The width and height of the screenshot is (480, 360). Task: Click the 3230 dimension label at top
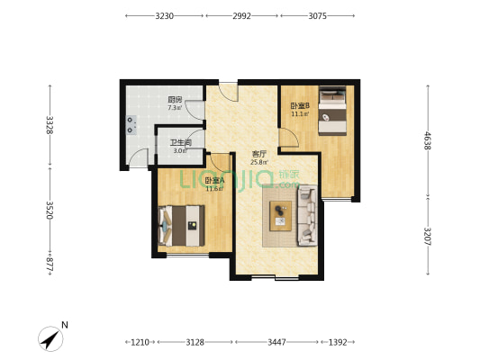(x=165, y=16)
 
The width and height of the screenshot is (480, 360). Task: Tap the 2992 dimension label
(x=242, y=16)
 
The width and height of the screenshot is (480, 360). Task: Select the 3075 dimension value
(x=318, y=16)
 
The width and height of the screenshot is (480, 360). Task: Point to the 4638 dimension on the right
(x=428, y=140)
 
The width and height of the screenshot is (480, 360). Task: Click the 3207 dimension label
(x=428, y=236)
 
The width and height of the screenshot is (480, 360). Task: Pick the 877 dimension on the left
(x=50, y=265)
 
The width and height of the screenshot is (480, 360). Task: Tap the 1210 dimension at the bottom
(x=140, y=342)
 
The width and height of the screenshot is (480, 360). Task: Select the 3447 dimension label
(x=276, y=342)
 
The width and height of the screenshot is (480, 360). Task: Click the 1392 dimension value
(x=338, y=342)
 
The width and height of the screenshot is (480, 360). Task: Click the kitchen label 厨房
(x=175, y=100)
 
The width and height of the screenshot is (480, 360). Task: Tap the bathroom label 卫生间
(x=181, y=143)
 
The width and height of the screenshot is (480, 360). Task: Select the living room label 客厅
(x=259, y=154)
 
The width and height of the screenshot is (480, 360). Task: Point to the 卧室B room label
(x=300, y=106)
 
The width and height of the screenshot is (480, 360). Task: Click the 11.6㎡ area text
(x=214, y=189)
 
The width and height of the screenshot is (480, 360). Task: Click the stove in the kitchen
(x=131, y=125)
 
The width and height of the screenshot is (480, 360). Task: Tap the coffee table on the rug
(x=280, y=216)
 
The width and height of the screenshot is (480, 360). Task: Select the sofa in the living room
(x=307, y=216)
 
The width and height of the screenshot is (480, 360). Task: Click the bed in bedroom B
(x=332, y=111)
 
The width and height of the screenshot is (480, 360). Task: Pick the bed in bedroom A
(x=181, y=226)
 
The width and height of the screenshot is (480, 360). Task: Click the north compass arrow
(x=50, y=339)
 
